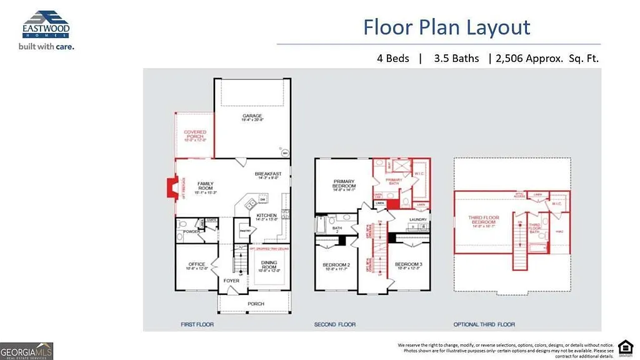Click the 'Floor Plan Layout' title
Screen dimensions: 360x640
tap(447, 27)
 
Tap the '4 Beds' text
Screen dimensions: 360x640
tap(392, 58)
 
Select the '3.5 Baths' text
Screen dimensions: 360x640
tap(456, 58)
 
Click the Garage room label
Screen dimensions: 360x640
tap(252, 118)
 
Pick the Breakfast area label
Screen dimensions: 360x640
tap(268, 175)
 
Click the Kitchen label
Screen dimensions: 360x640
tap(267, 217)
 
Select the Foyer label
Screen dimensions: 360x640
tap(232, 281)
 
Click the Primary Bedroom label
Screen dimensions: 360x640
tap(344, 185)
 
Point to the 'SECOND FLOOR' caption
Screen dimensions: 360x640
tap(335, 324)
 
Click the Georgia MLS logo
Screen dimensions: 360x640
tap(27, 350)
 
